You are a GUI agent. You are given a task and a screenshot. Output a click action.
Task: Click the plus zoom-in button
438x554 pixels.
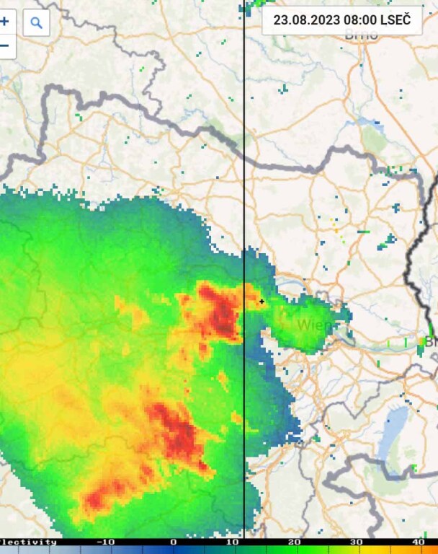(4, 22)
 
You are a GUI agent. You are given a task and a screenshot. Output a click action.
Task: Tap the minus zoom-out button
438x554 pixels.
(4, 45)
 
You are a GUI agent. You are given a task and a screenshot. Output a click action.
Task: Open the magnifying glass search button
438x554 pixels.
(37, 23)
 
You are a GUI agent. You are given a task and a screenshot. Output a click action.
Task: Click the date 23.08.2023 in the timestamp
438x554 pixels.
(302, 20)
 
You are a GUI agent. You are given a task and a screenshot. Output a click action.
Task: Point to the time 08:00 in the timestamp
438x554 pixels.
(354, 20)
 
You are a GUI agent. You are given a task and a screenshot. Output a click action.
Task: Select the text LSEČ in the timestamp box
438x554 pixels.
(395, 20)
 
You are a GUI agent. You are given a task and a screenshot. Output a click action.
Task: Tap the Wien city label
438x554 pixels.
(315, 325)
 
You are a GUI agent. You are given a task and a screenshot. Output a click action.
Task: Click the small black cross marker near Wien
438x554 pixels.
(262, 302)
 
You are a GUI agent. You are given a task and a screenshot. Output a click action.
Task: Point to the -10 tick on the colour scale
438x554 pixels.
(106, 542)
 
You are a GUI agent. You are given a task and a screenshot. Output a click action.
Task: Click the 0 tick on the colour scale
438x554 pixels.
(173, 542)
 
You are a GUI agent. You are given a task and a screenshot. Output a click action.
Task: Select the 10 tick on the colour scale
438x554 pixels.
(232, 542)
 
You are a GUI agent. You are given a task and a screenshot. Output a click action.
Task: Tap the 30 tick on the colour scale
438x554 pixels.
(356, 542)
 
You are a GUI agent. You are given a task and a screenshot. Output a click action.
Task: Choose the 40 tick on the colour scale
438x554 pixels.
(418, 542)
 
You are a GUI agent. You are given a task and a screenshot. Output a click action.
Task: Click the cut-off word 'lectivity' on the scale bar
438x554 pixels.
(27, 542)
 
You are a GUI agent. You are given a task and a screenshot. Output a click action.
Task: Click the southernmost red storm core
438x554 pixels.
(101, 498)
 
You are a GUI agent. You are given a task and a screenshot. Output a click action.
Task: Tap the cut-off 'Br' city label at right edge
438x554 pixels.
(431, 340)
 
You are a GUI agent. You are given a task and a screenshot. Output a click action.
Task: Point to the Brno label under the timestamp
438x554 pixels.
(361, 35)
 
